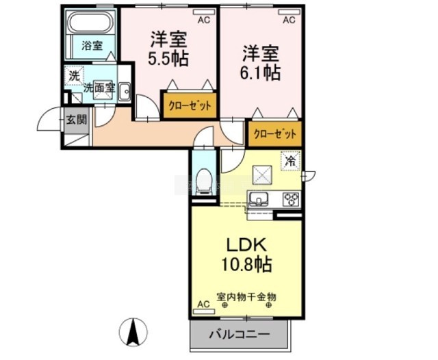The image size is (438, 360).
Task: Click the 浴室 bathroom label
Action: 92,47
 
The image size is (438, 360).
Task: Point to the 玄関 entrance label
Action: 76,120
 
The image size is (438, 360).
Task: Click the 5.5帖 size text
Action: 169,57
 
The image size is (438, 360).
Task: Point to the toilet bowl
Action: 203,181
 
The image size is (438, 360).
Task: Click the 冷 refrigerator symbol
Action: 290,162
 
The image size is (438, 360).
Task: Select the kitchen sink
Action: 259,200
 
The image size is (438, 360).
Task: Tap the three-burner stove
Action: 292,200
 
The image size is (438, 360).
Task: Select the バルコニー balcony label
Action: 239,335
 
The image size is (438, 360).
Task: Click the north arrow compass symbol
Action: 133,333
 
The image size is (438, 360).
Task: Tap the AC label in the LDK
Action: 203,303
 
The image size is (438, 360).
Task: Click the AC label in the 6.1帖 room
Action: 289,20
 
